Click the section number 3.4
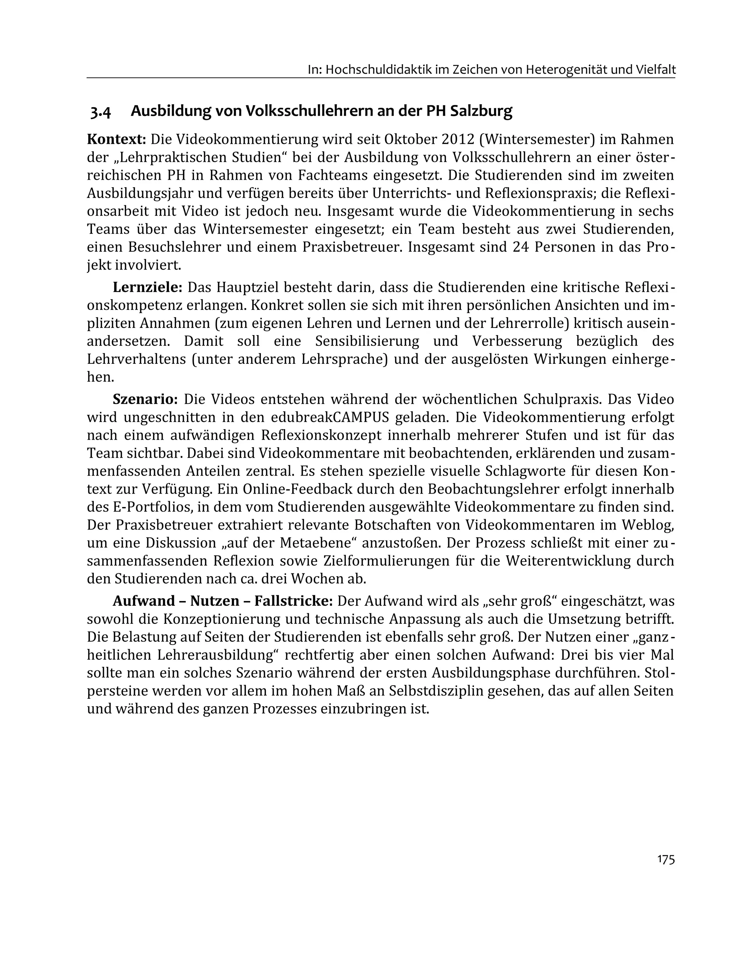click(x=101, y=112)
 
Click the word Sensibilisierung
click(x=367, y=341)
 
